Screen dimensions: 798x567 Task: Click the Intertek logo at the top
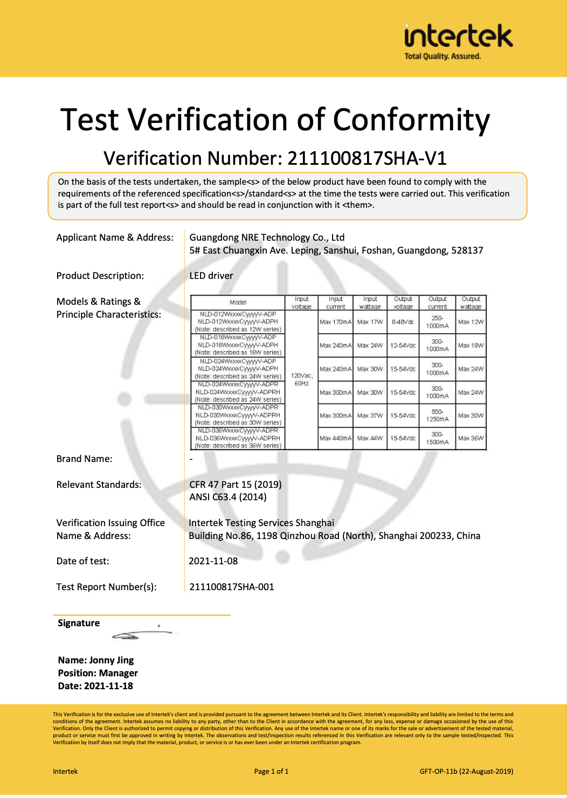click(458, 40)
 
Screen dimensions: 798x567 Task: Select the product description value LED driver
click(211, 276)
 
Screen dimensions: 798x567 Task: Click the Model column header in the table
click(238, 303)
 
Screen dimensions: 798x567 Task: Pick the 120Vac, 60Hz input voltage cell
click(301, 379)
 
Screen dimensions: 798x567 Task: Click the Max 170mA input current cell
click(335, 322)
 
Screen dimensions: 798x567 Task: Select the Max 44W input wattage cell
click(370, 438)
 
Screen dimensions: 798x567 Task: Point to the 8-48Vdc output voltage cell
click(403, 322)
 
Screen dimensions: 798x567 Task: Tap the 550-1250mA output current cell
click(437, 415)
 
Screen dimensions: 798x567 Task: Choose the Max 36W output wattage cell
click(471, 438)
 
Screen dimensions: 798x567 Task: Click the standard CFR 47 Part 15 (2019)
click(236, 485)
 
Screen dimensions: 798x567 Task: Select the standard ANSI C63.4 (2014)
click(228, 497)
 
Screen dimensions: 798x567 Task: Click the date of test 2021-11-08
click(213, 561)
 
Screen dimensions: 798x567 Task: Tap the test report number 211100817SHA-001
click(232, 587)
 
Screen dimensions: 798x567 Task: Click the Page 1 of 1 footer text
click(271, 772)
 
